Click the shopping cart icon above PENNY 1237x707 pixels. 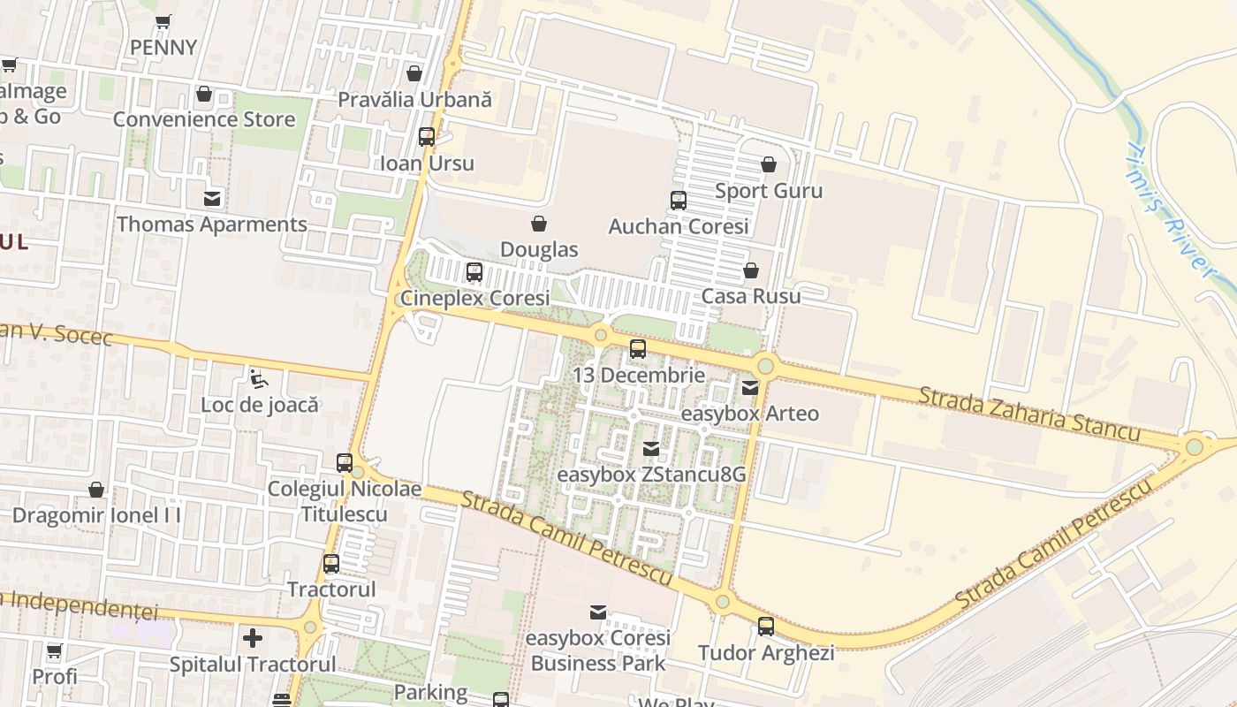163,22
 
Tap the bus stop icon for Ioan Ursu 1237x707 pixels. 427,137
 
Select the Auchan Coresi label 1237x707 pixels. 679,226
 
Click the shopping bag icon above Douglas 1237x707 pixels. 539,224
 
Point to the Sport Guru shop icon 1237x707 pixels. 769,165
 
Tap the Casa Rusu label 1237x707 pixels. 750,295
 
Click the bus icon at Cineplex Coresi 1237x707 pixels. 474,272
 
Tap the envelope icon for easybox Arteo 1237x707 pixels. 750,387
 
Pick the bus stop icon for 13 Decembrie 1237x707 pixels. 638,349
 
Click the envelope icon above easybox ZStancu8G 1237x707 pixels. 651,449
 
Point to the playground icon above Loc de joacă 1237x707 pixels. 258,379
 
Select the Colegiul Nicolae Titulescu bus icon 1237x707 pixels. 345,463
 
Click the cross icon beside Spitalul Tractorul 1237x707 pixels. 253,637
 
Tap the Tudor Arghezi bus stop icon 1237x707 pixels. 766,627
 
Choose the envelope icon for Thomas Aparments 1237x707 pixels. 212,199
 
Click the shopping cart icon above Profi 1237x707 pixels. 54,651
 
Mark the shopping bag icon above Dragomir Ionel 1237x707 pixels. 96,490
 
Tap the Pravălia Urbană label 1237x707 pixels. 414,99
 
